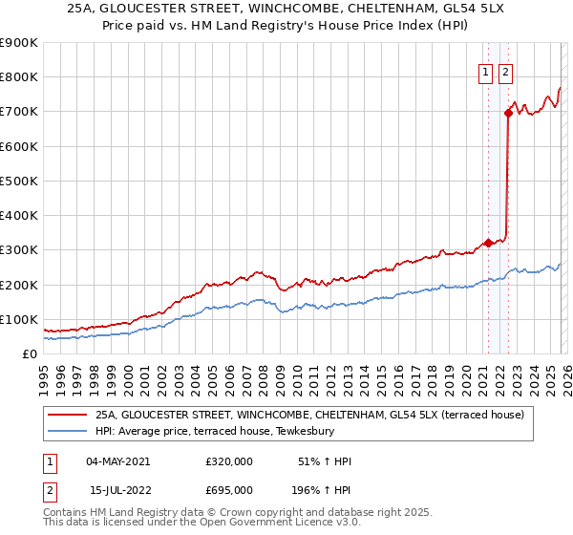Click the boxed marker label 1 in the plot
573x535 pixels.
[x=486, y=71]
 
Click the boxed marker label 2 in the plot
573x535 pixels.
[x=505, y=71]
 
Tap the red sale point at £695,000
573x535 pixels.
[x=508, y=113]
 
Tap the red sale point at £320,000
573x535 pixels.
[x=488, y=243]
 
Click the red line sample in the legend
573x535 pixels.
[x=68, y=416]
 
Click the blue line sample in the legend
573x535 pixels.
[x=68, y=432]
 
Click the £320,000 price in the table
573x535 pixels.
[x=229, y=461]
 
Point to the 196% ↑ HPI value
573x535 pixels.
[x=322, y=490]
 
